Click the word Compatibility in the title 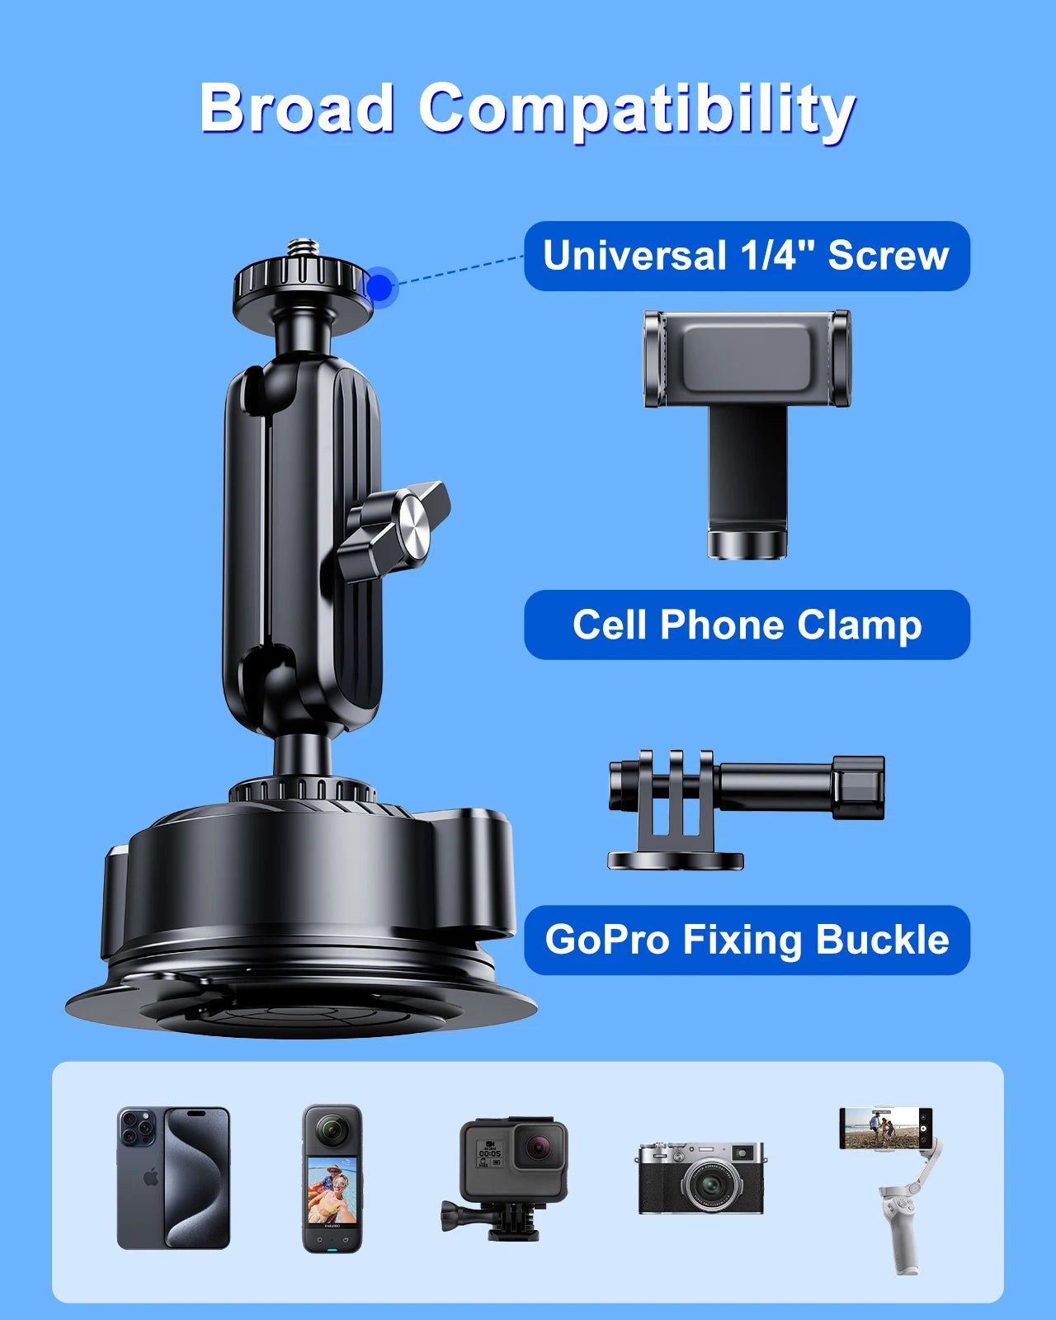tap(636, 111)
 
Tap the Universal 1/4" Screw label tap(747, 256)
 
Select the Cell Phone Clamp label tap(747, 625)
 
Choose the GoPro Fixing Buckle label tap(747, 940)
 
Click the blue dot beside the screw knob tap(380, 287)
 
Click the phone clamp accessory tap(747, 432)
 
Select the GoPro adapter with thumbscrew tap(746, 808)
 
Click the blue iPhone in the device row tap(173, 1178)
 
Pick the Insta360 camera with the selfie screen tap(332, 1179)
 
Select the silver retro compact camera tap(700, 1177)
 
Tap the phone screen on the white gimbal tap(885, 1128)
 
